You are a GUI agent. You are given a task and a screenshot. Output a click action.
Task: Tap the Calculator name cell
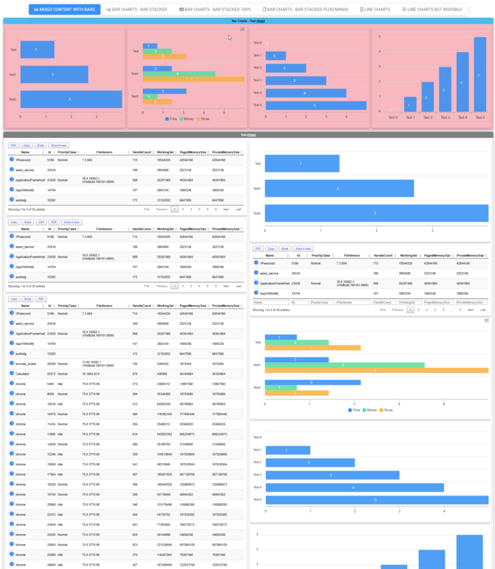click(x=25, y=373)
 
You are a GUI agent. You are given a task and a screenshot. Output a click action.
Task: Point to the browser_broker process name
click(x=28, y=363)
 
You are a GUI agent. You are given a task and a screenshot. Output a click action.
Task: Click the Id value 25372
click(x=52, y=373)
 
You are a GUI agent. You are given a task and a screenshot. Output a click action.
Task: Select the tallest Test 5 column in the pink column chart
click(x=480, y=75)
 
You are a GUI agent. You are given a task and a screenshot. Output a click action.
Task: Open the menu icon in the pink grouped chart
click(x=242, y=30)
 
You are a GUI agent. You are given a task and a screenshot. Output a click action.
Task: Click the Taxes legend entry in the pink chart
click(x=203, y=118)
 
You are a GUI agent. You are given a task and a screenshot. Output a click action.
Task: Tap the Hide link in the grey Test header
click(x=252, y=135)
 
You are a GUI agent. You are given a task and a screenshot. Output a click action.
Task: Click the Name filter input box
click(x=271, y=302)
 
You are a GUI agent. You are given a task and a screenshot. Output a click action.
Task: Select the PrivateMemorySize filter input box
click(x=471, y=302)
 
